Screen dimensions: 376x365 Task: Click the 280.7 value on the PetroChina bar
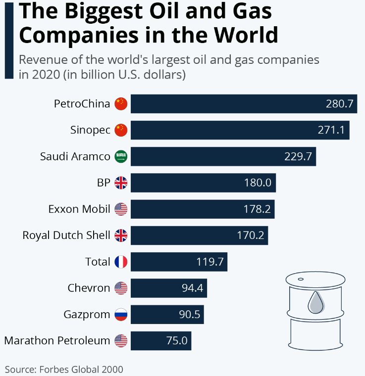coord(339,104)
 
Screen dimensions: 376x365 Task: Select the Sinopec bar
coord(240,130)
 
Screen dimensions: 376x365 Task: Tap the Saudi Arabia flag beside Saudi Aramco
coord(121,157)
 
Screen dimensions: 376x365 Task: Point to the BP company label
coord(104,183)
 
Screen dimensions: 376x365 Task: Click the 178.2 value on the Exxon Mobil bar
coord(258,209)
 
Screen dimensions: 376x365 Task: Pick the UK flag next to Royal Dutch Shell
coord(121,235)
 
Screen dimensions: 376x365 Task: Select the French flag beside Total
coord(121,262)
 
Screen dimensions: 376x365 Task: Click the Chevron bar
coord(168,288)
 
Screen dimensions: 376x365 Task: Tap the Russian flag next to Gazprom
coord(121,314)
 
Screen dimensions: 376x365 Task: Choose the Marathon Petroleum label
coord(57,340)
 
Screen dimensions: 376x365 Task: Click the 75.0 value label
coord(177,340)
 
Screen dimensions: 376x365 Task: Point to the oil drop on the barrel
coord(315,302)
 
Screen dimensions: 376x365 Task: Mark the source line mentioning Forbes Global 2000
coord(64,369)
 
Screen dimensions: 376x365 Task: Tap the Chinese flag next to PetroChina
coord(121,104)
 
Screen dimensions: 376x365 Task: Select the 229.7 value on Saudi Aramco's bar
coord(298,157)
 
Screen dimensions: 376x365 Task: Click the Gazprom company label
coord(87,314)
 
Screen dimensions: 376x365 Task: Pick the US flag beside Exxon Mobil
coord(121,209)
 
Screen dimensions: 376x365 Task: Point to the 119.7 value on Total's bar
coord(210,262)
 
